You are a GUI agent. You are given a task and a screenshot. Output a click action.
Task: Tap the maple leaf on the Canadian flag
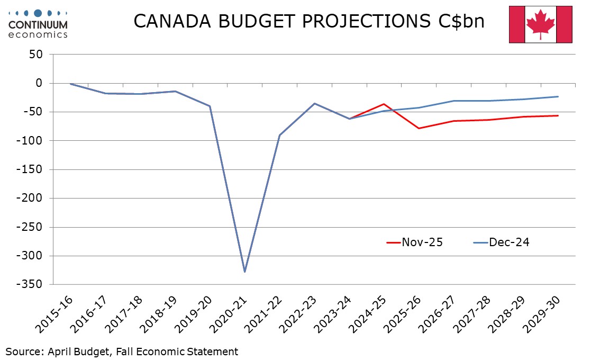click(x=540, y=25)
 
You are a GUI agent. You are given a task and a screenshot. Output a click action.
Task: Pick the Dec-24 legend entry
click(x=501, y=242)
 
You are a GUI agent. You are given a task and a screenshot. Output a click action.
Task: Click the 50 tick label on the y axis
click(x=37, y=55)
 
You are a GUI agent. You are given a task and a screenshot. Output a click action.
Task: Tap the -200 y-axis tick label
click(x=31, y=199)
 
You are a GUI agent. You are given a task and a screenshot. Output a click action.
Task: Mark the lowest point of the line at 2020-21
click(x=244, y=272)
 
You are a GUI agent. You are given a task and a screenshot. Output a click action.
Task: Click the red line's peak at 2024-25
click(x=384, y=104)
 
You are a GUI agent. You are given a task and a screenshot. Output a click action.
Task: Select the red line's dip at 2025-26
click(x=419, y=128)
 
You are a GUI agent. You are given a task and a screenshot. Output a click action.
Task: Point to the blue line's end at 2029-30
click(x=558, y=96)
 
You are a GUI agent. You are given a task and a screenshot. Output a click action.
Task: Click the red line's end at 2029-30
click(x=558, y=115)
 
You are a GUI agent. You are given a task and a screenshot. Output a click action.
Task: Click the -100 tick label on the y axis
click(x=31, y=141)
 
